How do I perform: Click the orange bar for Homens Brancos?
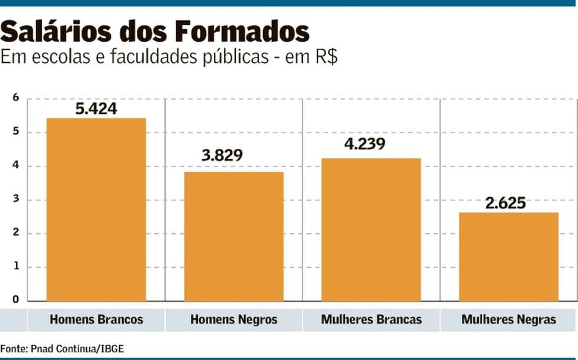(x=96, y=210)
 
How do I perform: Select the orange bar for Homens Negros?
(x=234, y=236)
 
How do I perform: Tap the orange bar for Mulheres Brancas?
(x=371, y=230)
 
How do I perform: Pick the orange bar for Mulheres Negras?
(x=509, y=257)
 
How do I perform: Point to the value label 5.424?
(x=96, y=109)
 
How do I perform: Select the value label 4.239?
(x=364, y=143)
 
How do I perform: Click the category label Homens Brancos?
(x=96, y=320)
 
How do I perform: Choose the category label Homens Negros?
(x=234, y=320)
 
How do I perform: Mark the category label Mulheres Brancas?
(x=371, y=320)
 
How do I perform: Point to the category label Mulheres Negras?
(x=509, y=320)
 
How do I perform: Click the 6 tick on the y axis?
(x=16, y=98)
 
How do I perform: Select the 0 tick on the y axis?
(x=16, y=300)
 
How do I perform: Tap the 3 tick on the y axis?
(x=16, y=199)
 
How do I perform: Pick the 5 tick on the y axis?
(x=16, y=132)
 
